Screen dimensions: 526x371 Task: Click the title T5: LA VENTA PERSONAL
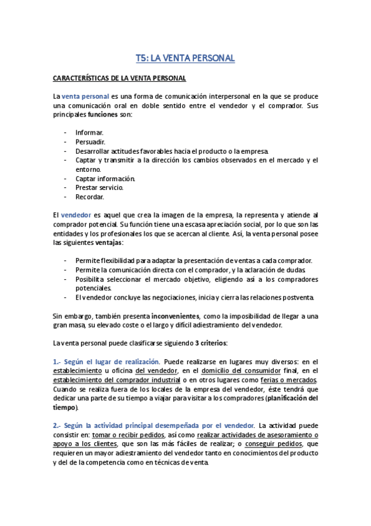[185, 58]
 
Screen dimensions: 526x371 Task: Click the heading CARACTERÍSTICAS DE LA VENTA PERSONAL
[120, 78]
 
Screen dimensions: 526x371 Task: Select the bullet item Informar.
[89, 133]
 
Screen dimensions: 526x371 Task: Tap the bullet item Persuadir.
[90, 141]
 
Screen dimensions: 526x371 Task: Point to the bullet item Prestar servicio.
[99, 187]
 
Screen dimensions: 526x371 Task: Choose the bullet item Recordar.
[89, 196]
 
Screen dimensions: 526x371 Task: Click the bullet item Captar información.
[105, 178]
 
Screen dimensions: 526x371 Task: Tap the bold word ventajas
[107, 241]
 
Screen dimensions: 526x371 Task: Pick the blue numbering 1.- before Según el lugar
[58, 361]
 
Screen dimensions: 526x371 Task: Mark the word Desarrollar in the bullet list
[94, 151]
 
